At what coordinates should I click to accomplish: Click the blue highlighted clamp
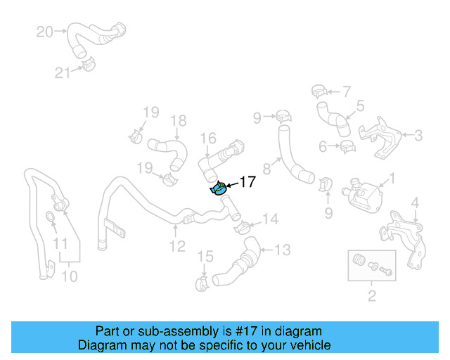[x=218, y=188]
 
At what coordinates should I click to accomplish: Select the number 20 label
[x=44, y=32]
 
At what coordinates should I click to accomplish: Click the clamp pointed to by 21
[x=87, y=66]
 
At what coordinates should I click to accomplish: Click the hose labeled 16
[x=219, y=159]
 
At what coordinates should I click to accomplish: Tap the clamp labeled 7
[x=317, y=91]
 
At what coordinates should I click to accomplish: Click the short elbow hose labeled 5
[x=333, y=118]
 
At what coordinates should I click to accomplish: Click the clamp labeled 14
[x=240, y=226]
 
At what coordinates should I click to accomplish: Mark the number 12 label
[x=176, y=246]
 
